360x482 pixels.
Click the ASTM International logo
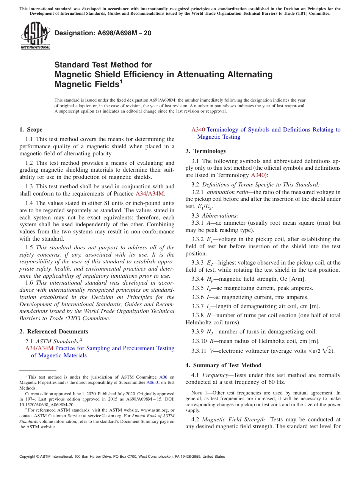(35, 36)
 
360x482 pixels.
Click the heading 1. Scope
(31, 130)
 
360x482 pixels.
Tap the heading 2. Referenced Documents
(54, 332)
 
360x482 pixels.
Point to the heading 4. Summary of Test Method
(224, 365)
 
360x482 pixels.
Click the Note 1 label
(196, 393)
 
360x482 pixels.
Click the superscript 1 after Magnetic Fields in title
(121, 81)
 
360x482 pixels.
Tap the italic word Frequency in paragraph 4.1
(215, 375)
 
